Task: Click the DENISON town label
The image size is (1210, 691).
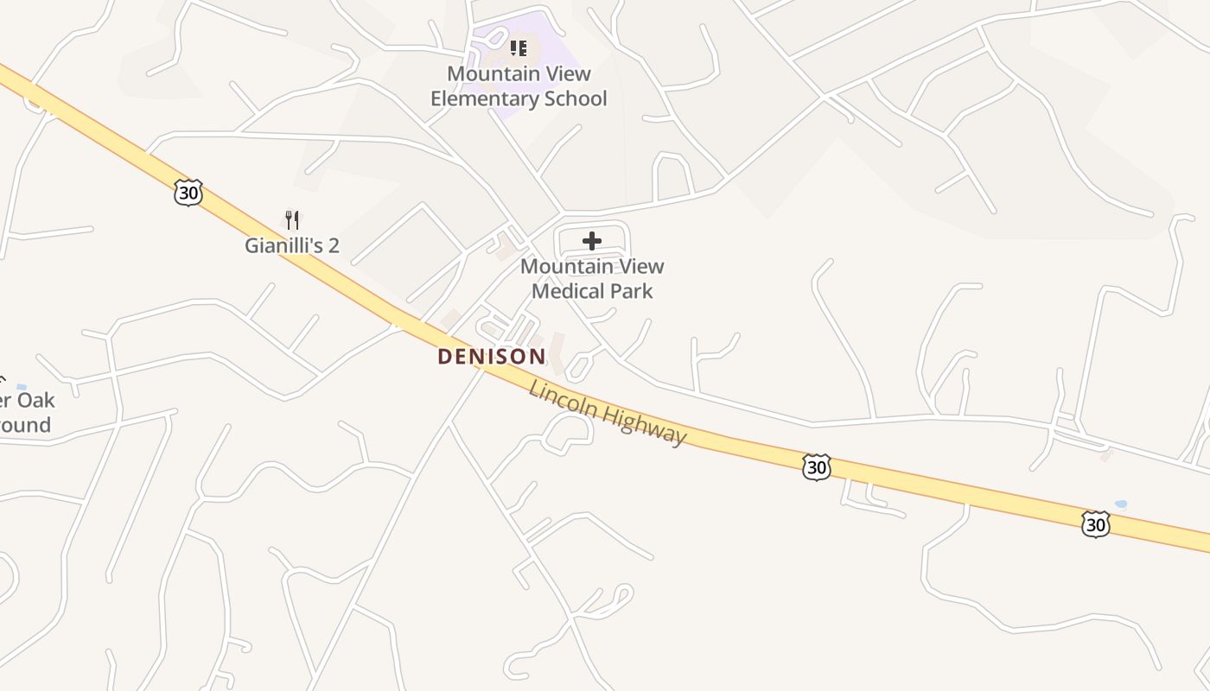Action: tap(491, 356)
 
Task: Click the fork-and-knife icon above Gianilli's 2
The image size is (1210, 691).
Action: tap(292, 220)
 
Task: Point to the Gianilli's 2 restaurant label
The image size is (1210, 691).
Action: tap(291, 245)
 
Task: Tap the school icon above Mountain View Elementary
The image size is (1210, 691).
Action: tap(518, 48)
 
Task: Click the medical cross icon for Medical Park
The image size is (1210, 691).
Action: tap(592, 241)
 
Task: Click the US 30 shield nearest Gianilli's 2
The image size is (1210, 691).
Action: tap(188, 192)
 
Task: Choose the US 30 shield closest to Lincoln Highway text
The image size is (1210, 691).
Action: tap(816, 467)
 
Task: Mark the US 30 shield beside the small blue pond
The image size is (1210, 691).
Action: tap(1095, 523)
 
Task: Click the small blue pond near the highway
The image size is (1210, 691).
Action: tap(1121, 504)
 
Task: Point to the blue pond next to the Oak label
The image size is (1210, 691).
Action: tap(21, 387)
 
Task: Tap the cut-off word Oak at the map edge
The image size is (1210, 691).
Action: tap(37, 401)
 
